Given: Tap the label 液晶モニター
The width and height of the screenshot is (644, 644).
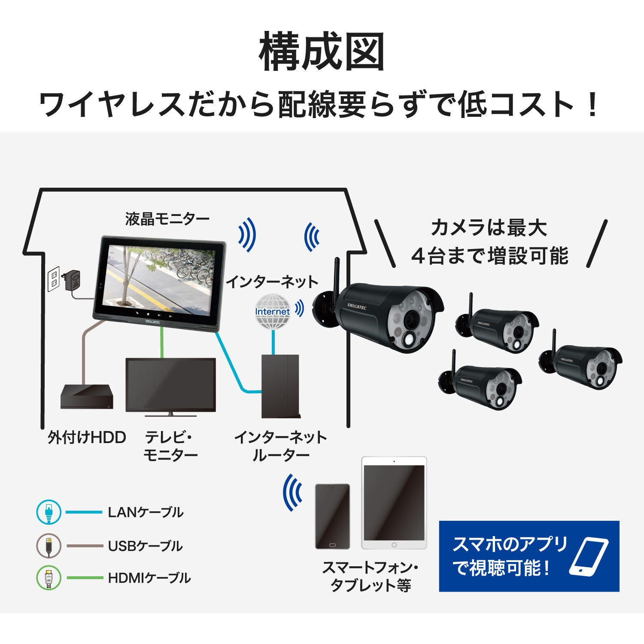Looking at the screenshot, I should click(x=167, y=219).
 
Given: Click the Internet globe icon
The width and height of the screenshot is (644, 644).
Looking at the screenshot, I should click(x=273, y=312).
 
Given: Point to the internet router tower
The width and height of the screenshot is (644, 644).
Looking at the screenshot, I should click(x=280, y=386).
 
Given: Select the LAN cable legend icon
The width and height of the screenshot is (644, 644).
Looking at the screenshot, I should click(x=49, y=512).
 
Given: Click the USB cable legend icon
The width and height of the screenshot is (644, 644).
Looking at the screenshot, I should click(x=49, y=546).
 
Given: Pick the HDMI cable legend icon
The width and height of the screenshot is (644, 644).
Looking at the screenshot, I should click(x=49, y=578).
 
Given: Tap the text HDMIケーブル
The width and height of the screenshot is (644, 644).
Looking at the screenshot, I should click(x=149, y=578).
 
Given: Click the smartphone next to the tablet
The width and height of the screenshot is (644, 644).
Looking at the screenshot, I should click(x=332, y=516).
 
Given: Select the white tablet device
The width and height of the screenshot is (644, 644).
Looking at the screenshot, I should click(x=394, y=503).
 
